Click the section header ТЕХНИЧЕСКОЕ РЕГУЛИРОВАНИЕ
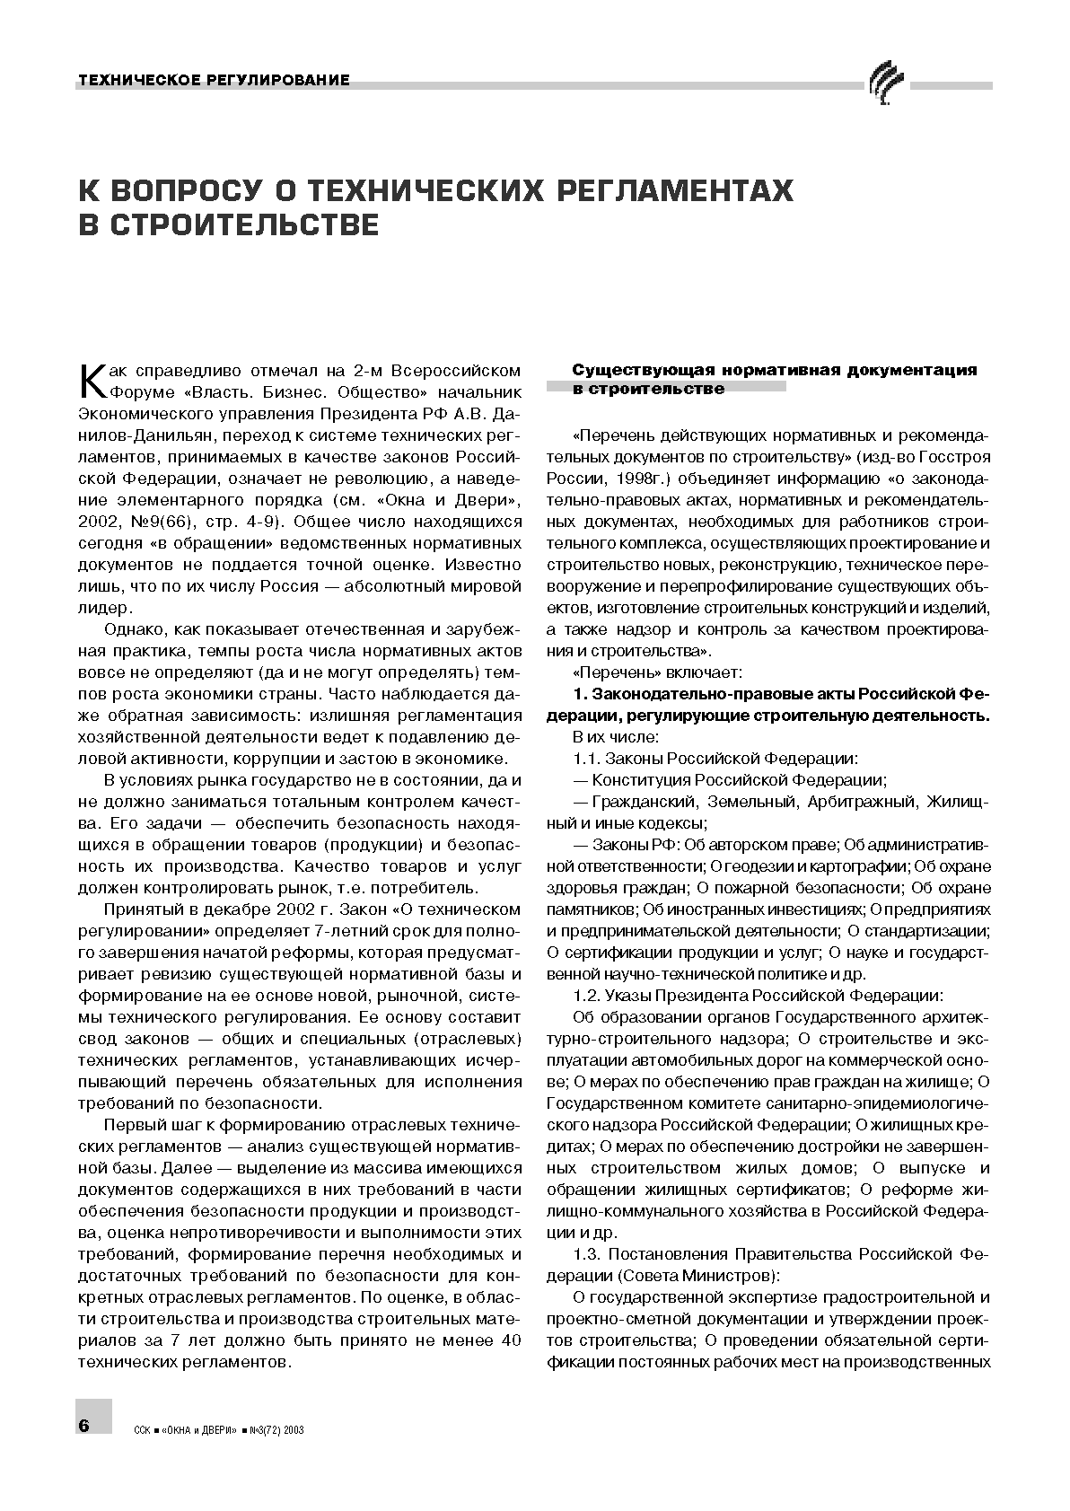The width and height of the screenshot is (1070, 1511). point(214,81)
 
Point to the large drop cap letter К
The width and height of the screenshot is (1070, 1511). point(93,381)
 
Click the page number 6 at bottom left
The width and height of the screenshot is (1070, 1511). point(86,1426)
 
